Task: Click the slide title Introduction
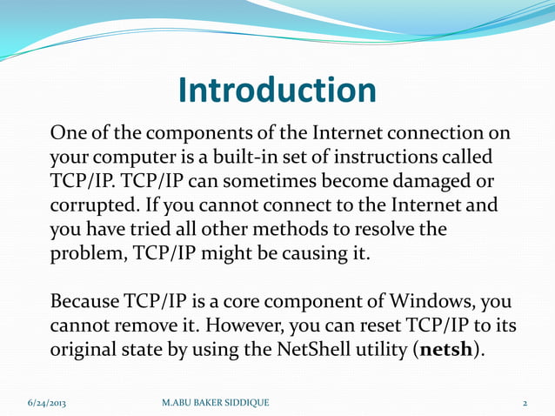pyautogui.click(x=277, y=90)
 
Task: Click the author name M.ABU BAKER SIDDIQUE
pyautogui.click(x=216, y=402)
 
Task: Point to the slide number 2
pyautogui.click(x=525, y=402)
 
